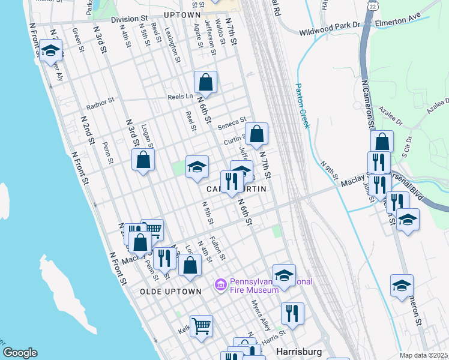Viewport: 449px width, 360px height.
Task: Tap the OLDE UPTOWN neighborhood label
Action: (170, 291)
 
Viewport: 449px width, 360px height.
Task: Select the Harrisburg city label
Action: (299, 350)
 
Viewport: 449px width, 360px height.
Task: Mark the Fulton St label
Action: (217, 248)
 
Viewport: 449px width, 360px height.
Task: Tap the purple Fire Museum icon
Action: (220, 283)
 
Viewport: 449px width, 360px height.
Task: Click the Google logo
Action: (20, 353)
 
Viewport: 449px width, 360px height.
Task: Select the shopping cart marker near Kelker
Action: (201, 326)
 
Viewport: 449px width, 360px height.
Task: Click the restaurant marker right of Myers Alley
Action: (292, 313)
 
